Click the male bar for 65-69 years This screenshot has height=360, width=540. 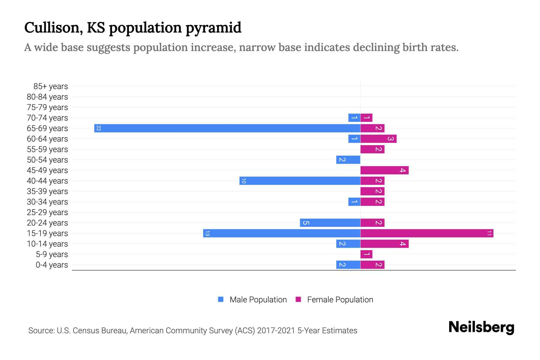tap(227, 128)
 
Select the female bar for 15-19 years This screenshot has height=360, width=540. tap(427, 233)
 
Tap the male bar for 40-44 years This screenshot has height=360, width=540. tap(300, 181)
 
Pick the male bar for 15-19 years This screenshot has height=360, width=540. tap(281, 233)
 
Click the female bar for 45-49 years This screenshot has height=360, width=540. tap(384, 170)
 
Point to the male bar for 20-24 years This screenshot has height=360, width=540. tap(330, 223)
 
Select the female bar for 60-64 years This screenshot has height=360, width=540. tap(378, 139)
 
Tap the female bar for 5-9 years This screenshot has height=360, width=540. tap(366, 254)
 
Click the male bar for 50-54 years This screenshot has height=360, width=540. tap(348, 160)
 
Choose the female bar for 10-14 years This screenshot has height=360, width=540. tap(384, 244)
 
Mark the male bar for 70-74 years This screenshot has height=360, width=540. tap(354, 118)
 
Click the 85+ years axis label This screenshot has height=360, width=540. tap(50, 86)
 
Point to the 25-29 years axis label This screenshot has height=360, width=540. tap(47, 212)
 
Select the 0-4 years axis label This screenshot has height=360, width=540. tap(52, 265)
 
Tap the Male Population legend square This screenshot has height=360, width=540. tap(221, 299)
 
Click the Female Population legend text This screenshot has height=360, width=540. tap(340, 300)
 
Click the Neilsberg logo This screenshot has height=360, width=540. tap(481, 327)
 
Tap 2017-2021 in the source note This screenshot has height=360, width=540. tap(276, 331)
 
